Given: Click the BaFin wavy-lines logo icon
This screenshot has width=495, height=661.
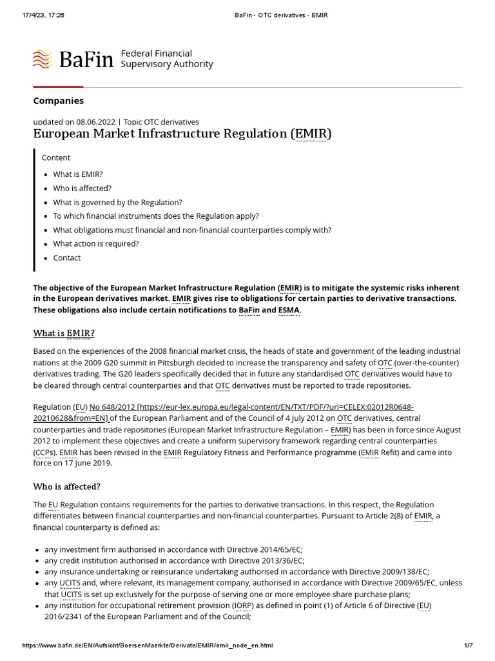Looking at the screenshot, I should (43, 59).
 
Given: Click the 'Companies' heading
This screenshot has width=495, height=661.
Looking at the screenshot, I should (58, 101).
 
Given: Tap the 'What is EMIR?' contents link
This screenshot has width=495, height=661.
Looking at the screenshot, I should (78, 174).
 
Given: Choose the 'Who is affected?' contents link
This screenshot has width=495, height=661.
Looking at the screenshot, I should (82, 188).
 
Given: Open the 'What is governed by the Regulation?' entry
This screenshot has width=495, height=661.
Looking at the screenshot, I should (117, 202).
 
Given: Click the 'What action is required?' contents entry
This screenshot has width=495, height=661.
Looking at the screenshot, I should (96, 244).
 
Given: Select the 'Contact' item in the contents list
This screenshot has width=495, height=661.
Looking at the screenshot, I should (67, 258).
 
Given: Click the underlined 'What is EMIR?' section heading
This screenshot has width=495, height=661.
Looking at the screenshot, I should (64, 333).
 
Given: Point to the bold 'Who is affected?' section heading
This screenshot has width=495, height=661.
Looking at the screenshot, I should (66, 486).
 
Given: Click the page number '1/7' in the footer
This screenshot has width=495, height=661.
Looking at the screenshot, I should (468, 646).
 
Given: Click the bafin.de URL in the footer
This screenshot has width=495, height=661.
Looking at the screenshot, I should (148, 646).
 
